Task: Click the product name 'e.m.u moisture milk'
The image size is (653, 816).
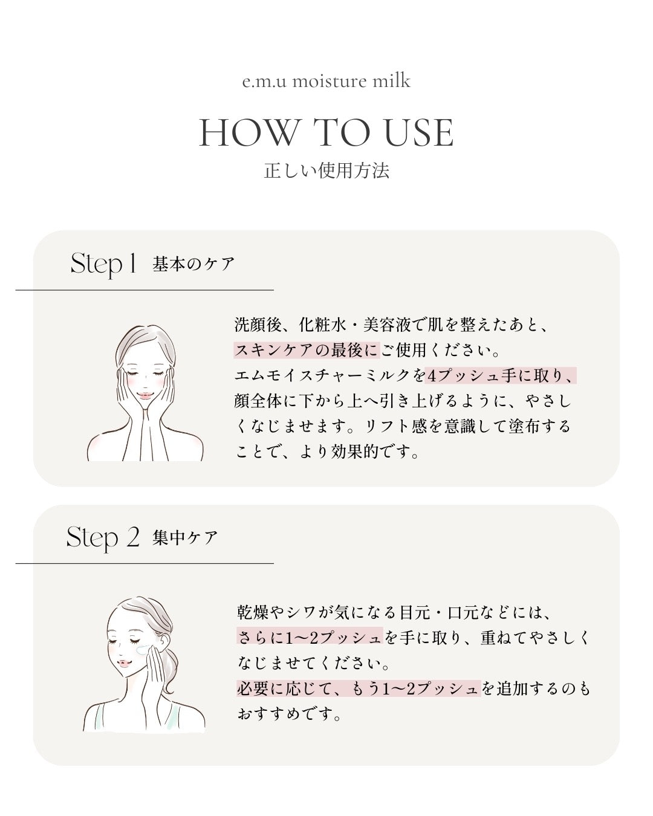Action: [x=326, y=81]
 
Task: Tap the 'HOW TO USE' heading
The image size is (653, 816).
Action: [x=326, y=133]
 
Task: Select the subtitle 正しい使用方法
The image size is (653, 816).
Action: [x=326, y=170]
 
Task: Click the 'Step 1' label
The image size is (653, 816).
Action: [x=103, y=264]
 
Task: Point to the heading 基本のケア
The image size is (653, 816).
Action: [x=193, y=264]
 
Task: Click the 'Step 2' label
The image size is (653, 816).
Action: [x=103, y=537]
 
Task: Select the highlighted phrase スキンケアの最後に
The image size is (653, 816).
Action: [x=307, y=350]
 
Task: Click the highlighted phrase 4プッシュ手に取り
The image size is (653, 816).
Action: [x=500, y=375]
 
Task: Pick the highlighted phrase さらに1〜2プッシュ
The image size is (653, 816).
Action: [x=310, y=637]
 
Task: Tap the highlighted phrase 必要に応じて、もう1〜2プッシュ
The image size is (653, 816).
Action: [x=358, y=688]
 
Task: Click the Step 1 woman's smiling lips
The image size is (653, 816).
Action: [x=146, y=395]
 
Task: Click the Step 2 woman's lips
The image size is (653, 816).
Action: [x=123, y=663]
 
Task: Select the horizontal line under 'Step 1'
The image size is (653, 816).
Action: [x=145, y=290]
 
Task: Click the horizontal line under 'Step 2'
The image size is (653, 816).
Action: [x=145, y=563]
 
